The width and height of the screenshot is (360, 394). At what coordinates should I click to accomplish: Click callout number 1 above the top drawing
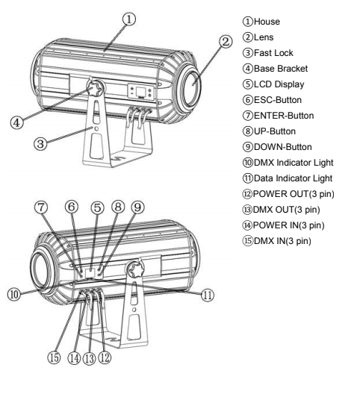[x=129, y=19]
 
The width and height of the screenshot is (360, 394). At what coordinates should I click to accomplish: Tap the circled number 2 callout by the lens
[x=226, y=41]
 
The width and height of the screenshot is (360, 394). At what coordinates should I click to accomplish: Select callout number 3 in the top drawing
[x=40, y=144]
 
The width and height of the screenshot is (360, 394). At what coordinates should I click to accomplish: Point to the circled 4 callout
[x=16, y=123]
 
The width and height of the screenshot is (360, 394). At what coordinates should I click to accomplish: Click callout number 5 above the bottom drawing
[x=97, y=207]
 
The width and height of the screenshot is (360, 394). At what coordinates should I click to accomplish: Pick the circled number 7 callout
[x=41, y=207]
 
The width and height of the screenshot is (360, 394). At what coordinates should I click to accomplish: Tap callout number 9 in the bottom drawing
[x=137, y=207]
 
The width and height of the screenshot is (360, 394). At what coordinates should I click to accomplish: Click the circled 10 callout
[x=14, y=294]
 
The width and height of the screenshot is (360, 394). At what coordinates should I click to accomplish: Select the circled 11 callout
[x=208, y=295]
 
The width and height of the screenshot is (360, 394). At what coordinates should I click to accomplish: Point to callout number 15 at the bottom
[x=54, y=357]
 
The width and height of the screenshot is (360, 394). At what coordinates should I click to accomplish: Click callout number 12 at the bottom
[x=105, y=357]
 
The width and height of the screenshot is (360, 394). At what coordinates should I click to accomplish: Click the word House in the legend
[x=267, y=22]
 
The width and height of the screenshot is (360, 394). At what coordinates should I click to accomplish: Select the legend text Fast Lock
[x=273, y=53]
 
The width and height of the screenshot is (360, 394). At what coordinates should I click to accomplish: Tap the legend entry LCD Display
[x=279, y=84]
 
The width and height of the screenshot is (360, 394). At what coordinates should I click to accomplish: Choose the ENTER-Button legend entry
[x=284, y=116]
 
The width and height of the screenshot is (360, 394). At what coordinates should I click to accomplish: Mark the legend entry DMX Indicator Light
[x=294, y=163]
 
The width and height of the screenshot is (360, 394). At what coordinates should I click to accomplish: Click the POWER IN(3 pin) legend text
[x=288, y=225]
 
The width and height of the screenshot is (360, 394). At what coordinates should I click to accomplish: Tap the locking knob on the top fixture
[x=95, y=87]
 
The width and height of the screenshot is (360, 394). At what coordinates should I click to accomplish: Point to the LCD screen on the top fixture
[x=140, y=91]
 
